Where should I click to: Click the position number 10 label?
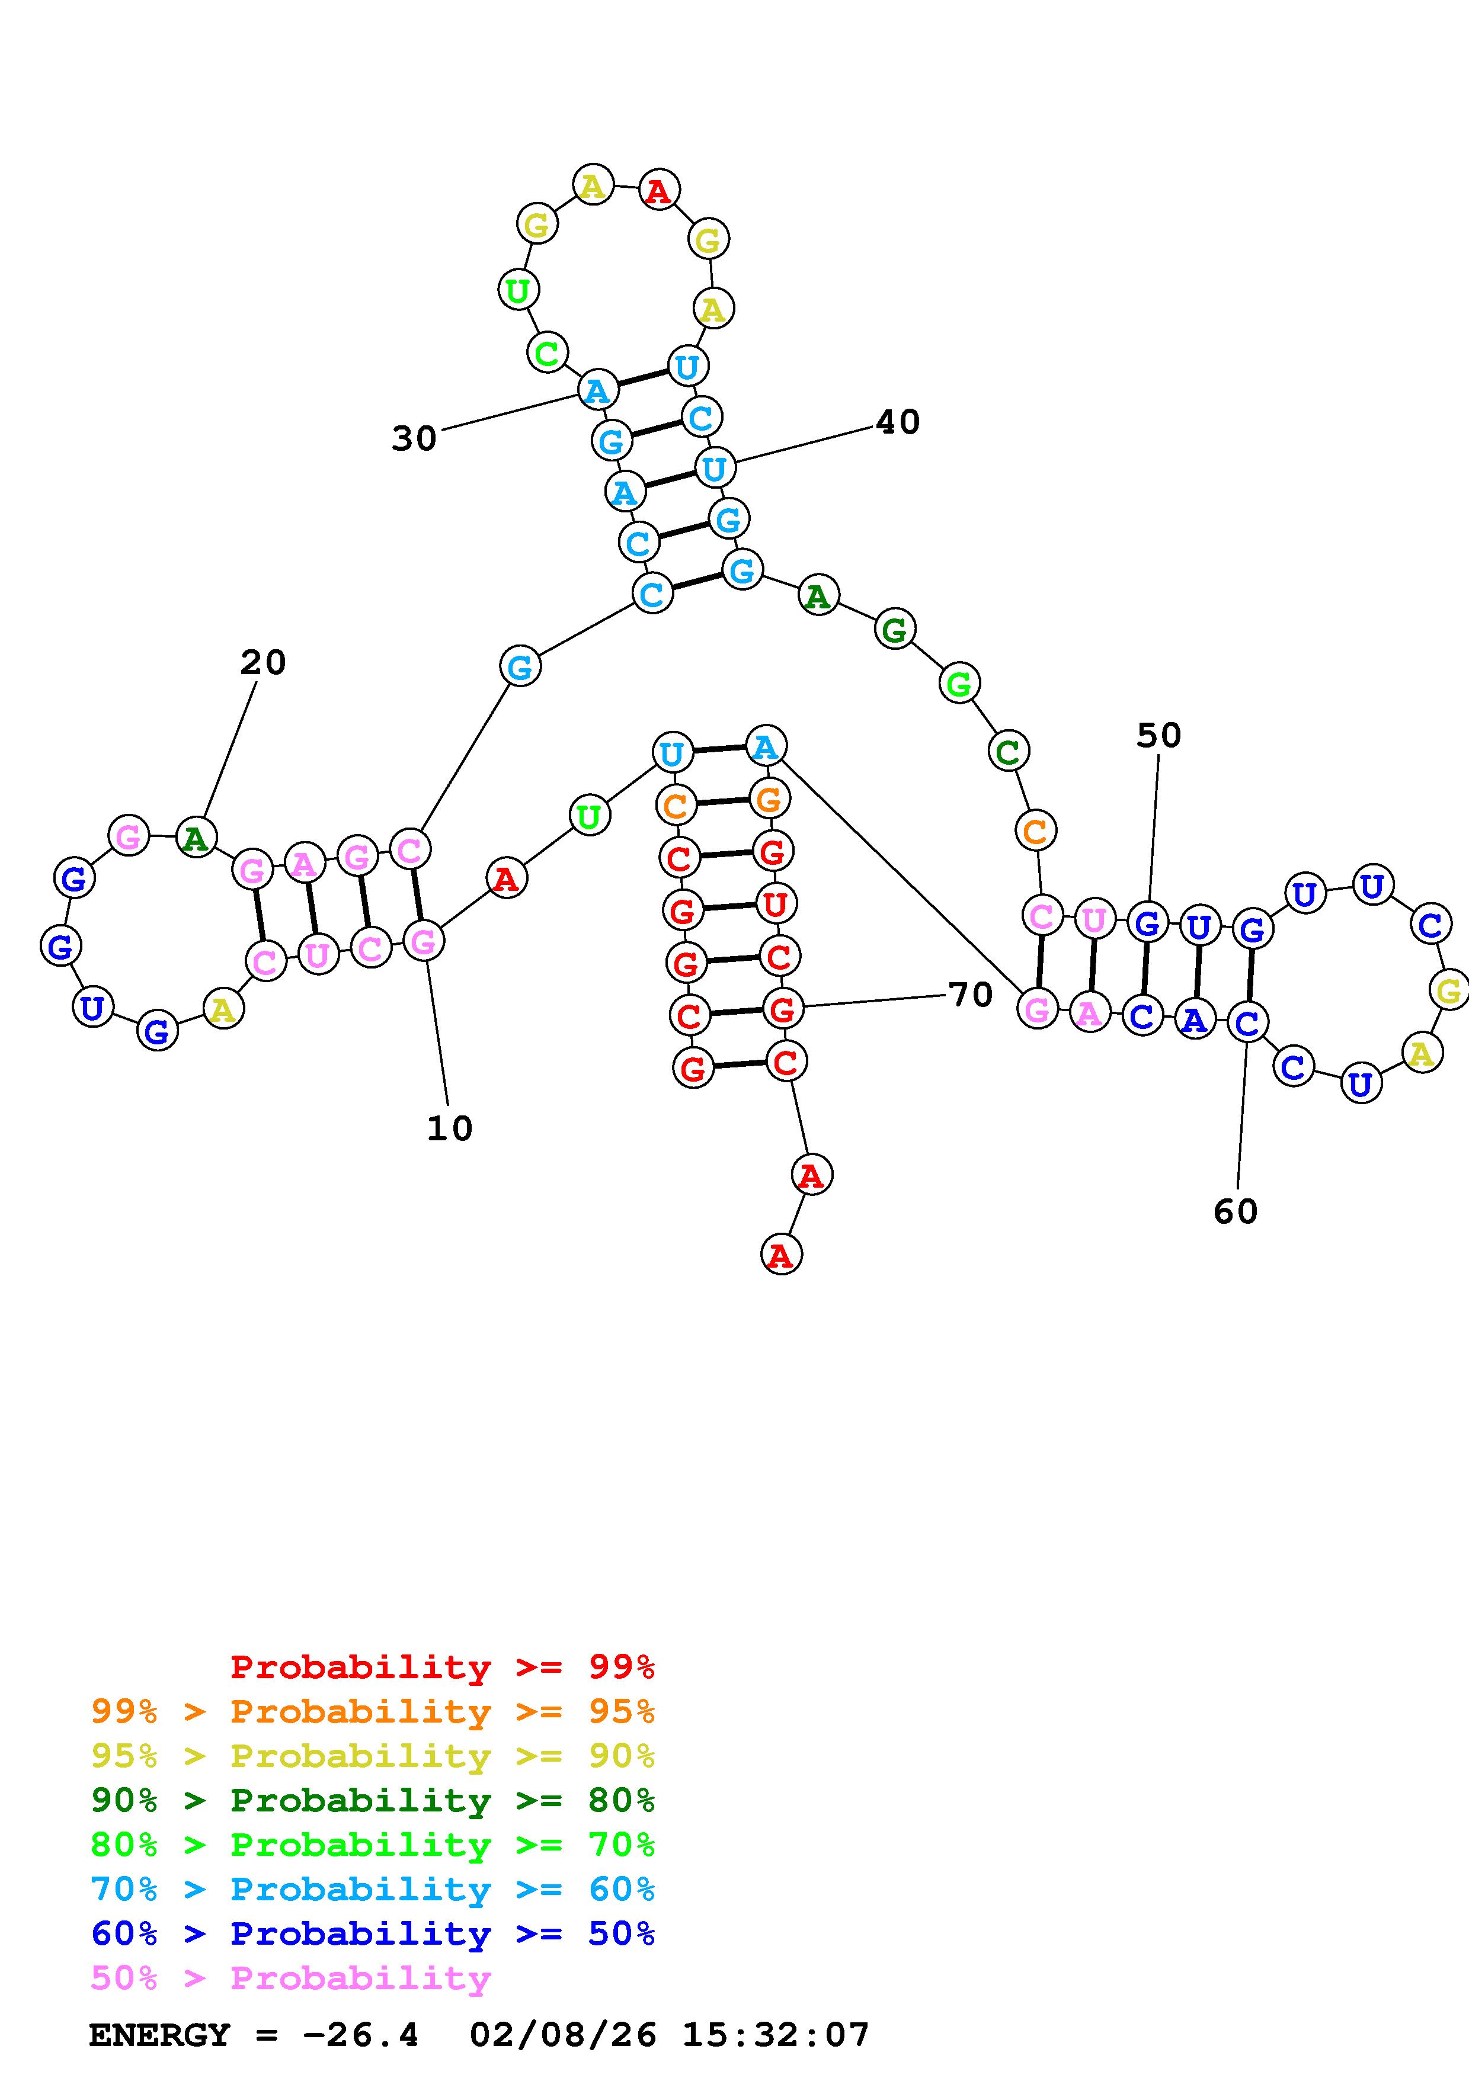coord(450,1128)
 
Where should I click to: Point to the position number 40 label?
coord(898,422)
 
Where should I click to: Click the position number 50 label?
coord(1158,736)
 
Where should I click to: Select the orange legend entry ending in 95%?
coord(373,1711)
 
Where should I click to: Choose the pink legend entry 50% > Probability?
coord(290,1977)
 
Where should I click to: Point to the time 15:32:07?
coord(776,2035)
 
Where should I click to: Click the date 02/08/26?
coord(563,2035)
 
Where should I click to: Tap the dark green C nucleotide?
coord(1007,751)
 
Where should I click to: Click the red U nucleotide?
coord(774,904)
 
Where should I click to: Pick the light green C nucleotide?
coord(547,353)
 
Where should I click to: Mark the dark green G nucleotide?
coord(894,630)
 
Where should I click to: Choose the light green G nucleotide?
coord(959,684)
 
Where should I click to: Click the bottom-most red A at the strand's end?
coord(781,1255)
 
